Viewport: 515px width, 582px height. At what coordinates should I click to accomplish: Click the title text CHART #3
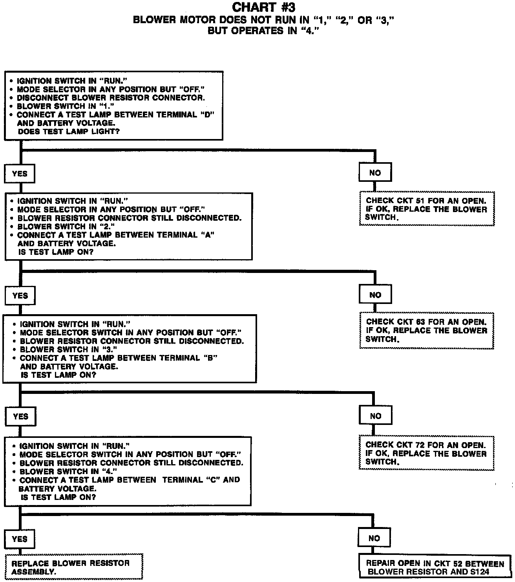point(263,7)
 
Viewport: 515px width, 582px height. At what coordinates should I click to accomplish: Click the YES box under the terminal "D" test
point(20,174)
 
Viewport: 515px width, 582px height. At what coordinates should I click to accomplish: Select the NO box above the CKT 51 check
point(375,173)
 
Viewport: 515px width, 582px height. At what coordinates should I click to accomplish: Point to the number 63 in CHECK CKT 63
point(420,322)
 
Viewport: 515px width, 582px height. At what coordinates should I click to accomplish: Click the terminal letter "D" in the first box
point(206,115)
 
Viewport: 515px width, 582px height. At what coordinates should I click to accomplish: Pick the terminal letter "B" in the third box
point(210,358)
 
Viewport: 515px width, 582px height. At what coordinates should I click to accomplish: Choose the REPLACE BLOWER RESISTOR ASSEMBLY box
point(74,567)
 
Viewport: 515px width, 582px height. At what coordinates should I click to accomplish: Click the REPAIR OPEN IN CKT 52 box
point(435,567)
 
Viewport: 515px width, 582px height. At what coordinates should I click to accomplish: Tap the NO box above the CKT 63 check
point(375,295)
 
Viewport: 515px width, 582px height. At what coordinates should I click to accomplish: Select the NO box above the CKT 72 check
point(375,416)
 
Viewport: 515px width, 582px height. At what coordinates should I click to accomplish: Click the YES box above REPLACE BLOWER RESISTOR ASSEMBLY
point(20,539)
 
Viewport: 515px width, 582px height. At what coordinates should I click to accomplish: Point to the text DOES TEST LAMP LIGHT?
point(69,132)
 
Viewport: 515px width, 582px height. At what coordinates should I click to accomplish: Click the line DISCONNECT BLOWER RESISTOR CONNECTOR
point(111,98)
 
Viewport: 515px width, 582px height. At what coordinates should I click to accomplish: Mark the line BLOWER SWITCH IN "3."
point(69,350)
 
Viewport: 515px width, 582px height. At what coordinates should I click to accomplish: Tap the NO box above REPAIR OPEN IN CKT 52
point(374,538)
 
